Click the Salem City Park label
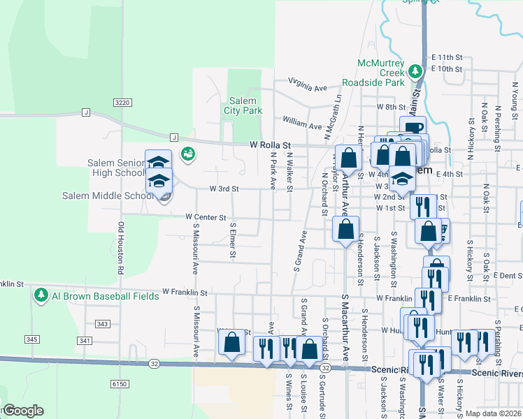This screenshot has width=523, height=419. [243, 105]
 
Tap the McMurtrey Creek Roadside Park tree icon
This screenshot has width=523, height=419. [415, 71]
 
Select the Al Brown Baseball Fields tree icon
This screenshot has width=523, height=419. [41, 295]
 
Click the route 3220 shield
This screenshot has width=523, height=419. [122, 103]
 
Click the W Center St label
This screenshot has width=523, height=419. [206, 218]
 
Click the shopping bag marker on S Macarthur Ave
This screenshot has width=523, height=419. [345, 229]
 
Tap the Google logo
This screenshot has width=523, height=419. [22, 411]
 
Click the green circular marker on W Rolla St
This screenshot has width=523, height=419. [187, 154]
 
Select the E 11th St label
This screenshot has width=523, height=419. [447, 57]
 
